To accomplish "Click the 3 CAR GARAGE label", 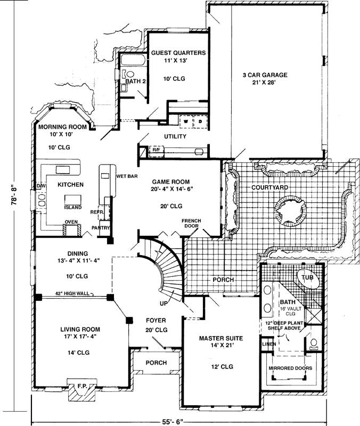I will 265,75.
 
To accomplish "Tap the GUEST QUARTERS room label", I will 178,53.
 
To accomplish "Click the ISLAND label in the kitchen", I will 73,207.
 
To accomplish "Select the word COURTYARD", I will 270,187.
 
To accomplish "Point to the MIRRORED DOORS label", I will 290,368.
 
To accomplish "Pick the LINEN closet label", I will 268,345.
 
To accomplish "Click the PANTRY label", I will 101,228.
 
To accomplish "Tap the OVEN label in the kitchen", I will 71,222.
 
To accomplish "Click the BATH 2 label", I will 135,81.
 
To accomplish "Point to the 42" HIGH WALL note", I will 75,293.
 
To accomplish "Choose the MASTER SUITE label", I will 221,339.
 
